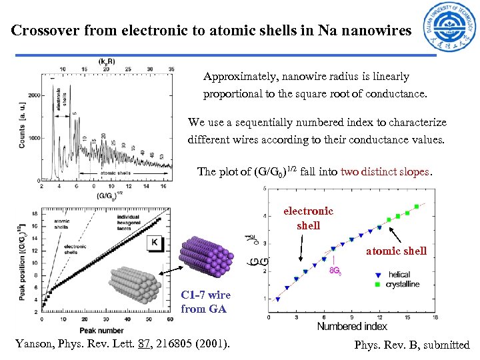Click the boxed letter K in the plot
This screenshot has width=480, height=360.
click(154, 243)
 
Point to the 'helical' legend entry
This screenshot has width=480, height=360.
click(399, 274)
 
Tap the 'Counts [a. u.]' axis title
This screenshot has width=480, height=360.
click(22, 121)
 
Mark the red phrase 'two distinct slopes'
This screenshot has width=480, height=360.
click(385, 171)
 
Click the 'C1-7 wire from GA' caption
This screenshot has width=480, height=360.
click(205, 302)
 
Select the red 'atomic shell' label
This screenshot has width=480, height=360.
click(397, 251)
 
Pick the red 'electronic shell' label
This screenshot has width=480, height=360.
click(308, 218)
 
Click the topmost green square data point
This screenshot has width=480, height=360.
click(417, 206)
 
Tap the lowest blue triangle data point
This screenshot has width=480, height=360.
click(278, 299)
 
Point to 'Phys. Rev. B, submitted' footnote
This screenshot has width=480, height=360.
click(411, 345)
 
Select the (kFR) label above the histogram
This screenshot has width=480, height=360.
click(106, 61)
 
